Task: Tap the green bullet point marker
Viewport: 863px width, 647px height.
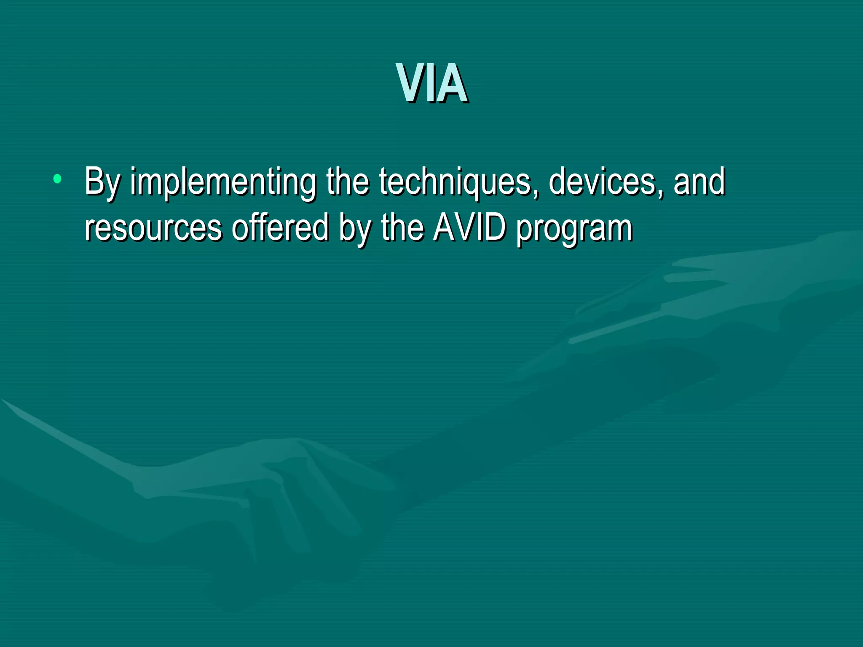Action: coord(57,179)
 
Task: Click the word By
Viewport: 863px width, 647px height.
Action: coord(102,182)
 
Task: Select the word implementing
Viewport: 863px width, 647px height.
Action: coord(222,182)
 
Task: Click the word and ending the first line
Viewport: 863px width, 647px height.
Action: coord(700,182)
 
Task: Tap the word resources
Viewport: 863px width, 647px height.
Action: coord(153,228)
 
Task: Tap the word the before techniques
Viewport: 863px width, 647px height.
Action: coord(347,182)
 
